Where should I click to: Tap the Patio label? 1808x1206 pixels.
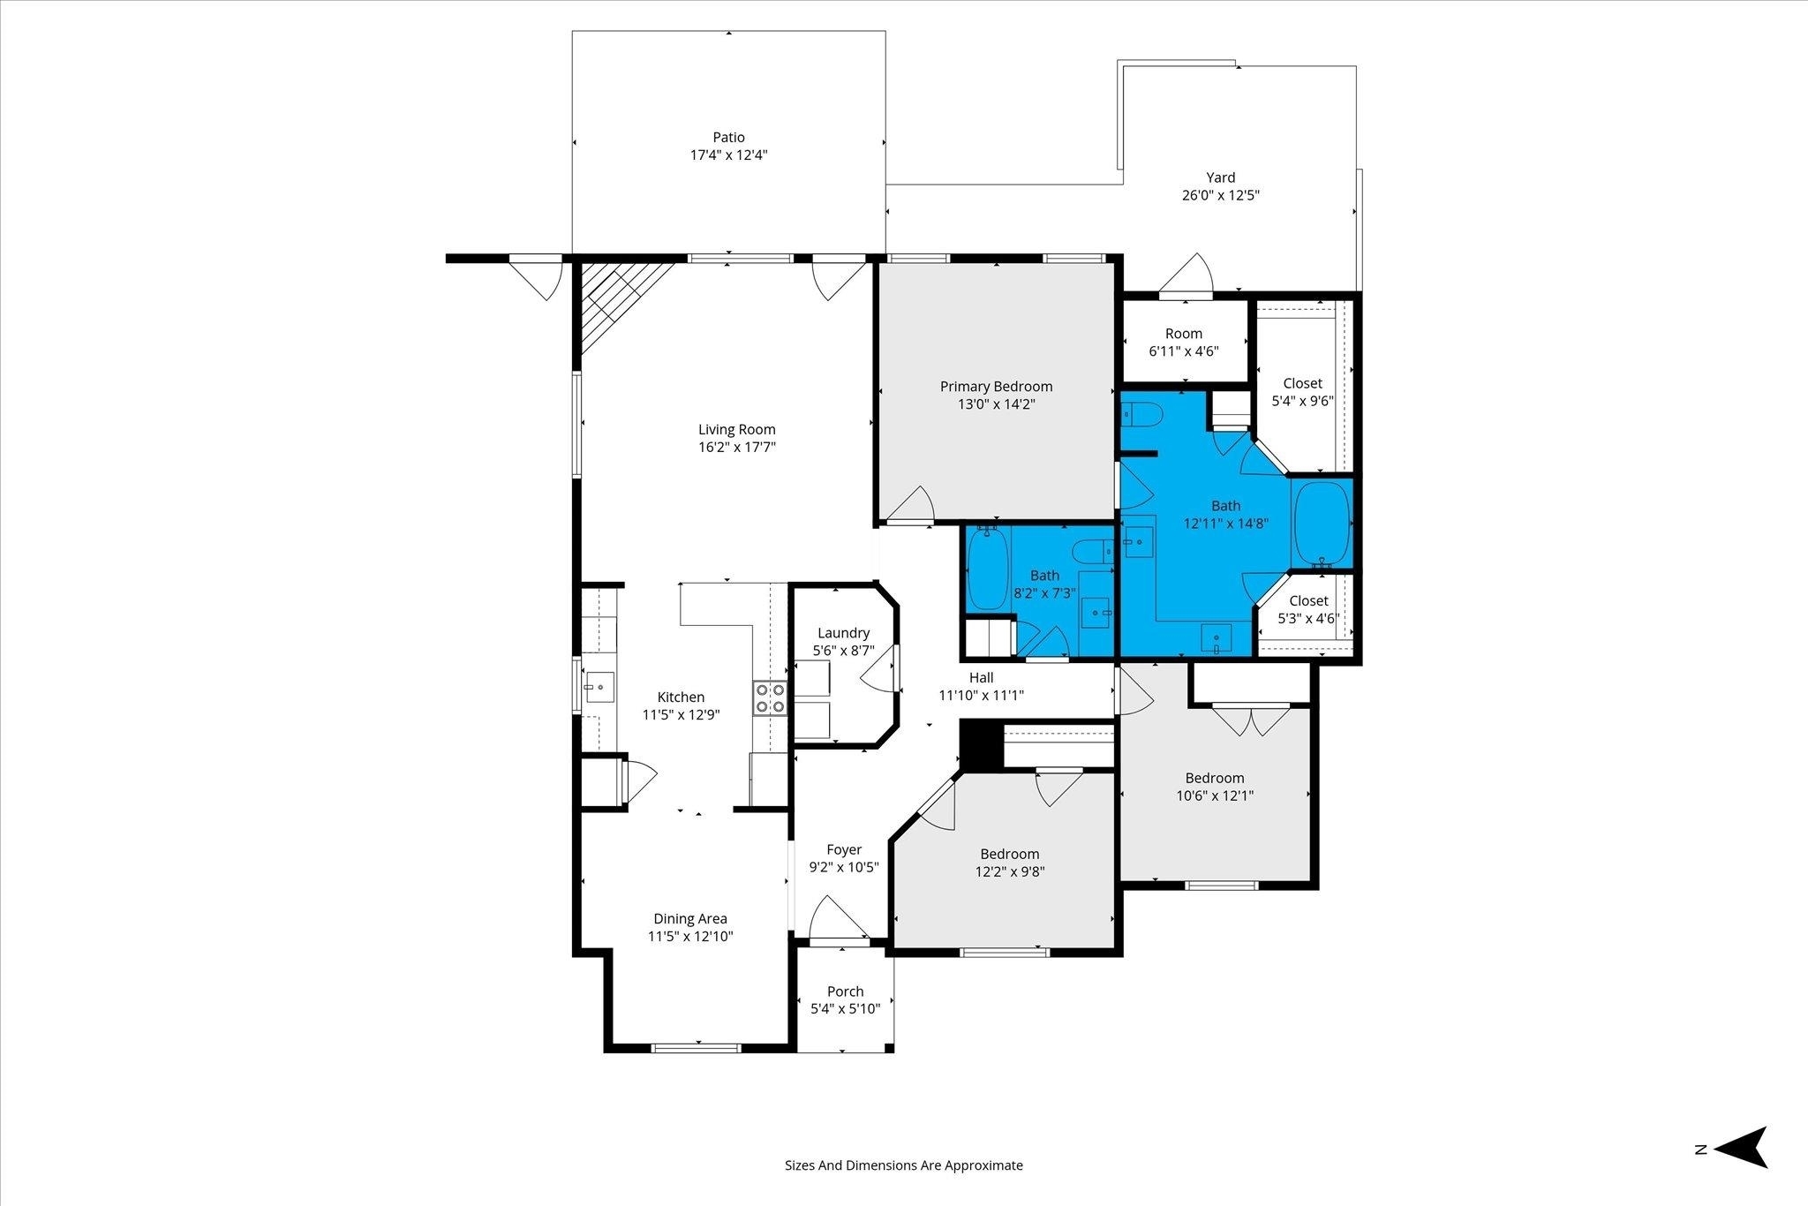click(x=729, y=137)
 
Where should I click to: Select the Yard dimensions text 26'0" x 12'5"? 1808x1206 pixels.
click(x=1221, y=195)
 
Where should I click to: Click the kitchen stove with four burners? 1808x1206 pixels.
click(x=769, y=697)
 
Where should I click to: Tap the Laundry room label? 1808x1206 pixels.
click(x=843, y=633)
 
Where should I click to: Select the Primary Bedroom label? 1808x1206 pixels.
click(x=996, y=387)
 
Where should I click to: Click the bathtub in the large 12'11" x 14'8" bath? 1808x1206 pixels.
click(x=1322, y=523)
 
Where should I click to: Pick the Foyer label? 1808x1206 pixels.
click(x=844, y=849)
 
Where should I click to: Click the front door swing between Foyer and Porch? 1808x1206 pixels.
click(x=839, y=918)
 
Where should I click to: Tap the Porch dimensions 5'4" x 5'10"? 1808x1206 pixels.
click(x=846, y=1009)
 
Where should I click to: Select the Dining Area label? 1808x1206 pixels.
click(x=690, y=919)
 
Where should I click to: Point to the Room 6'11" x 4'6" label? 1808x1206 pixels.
click(x=1184, y=343)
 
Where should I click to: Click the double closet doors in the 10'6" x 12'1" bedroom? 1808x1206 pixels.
click(x=1250, y=720)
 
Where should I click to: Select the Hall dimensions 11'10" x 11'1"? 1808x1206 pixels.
click(x=981, y=696)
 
